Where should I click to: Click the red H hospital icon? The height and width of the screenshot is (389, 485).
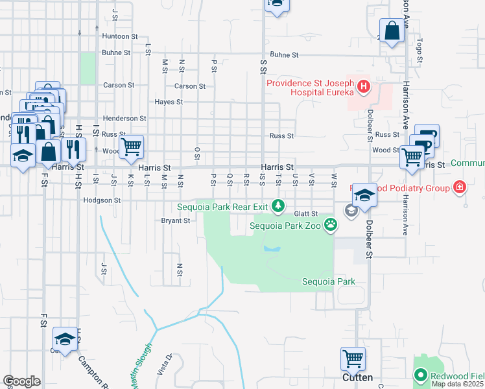click(364, 86)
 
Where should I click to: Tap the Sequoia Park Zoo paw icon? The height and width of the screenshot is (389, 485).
click(331, 226)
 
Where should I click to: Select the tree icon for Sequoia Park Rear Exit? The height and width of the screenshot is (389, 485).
click(278, 206)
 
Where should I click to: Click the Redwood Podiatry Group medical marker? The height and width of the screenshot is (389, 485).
click(460, 187)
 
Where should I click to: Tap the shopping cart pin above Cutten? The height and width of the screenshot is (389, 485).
click(353, 357)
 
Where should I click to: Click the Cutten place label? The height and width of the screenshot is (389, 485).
click(357, 377)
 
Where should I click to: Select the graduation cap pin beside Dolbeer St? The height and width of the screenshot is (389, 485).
click(364, 194)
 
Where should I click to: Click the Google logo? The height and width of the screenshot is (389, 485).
click(21, 381)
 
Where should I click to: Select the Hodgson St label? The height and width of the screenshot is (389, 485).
click(102, 201)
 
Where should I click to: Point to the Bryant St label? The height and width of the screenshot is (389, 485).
click(175, 220)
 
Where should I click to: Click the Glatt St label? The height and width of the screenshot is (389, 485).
click(305, 213)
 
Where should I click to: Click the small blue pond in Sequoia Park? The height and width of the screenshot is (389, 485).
click(272, 249)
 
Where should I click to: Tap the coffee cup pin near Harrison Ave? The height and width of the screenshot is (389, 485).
click(427, 136)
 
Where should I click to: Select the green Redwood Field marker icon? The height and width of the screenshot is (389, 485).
click(420, 375)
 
